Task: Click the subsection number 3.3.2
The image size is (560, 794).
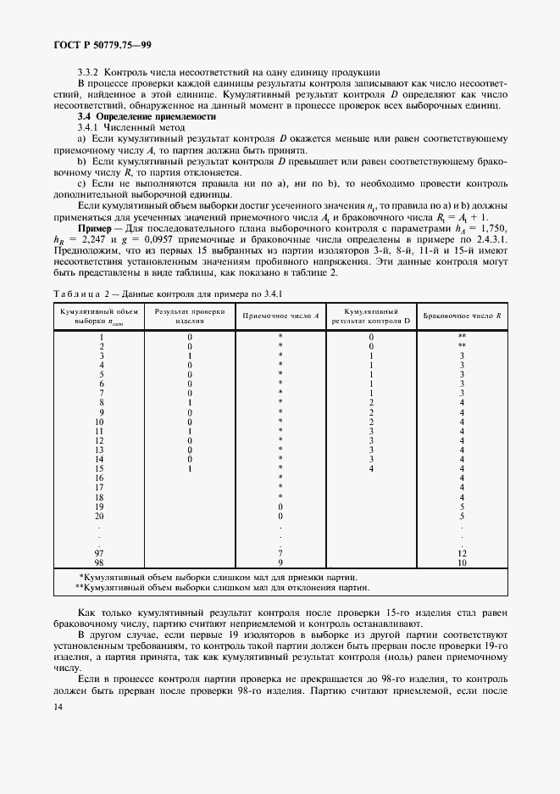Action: point(88,72)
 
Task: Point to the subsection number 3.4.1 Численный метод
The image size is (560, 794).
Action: point(90,126)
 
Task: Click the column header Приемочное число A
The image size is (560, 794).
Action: point(280,315)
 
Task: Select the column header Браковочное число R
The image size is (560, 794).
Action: point(462,315)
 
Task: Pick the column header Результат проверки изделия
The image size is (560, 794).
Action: point(189,315)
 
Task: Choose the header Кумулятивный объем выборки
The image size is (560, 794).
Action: point(100,315)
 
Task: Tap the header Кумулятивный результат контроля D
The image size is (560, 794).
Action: point(370,315)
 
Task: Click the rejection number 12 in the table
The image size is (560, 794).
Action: point(462,553)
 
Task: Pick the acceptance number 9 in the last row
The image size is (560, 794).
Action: point(280,562)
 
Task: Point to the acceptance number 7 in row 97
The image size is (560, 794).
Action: point(280,553)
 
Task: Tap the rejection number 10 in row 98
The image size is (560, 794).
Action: point(462,562)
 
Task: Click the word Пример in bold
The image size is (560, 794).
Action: point(97,229)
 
